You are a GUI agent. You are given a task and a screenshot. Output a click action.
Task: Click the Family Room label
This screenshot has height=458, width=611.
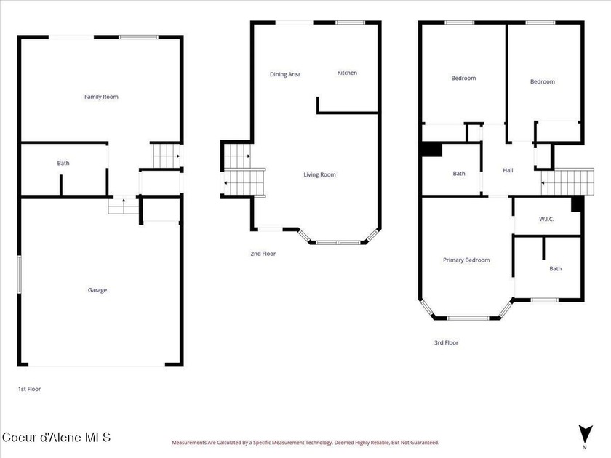coord(101,97)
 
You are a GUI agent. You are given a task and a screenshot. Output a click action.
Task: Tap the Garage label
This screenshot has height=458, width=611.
coord(97,290)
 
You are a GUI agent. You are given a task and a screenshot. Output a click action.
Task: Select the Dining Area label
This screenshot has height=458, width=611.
coord(285,74)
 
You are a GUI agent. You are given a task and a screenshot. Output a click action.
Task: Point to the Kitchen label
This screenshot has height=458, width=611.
coord(347,73)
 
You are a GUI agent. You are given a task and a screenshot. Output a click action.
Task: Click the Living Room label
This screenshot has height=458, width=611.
coord(319,174)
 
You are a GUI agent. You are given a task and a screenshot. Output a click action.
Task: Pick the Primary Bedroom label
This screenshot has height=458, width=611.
coord(466,260)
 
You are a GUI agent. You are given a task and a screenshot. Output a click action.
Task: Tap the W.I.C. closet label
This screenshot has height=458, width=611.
coord(546,219)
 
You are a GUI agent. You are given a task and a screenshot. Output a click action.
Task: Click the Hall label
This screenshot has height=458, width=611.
coord(508,170)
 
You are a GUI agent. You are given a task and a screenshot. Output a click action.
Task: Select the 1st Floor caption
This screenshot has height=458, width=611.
coord(29,389)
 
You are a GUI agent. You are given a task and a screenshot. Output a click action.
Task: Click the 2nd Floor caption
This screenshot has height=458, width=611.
coord(263,254)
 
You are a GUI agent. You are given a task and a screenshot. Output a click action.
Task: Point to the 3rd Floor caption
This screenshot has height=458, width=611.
coord(446,342)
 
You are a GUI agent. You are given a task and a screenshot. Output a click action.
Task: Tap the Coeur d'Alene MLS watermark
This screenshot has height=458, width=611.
coord(57,437)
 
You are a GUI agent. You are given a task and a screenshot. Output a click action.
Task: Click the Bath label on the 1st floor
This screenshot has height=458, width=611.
coord(63,163)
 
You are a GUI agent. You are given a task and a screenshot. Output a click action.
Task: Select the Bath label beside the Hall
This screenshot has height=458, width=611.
coord(459,173)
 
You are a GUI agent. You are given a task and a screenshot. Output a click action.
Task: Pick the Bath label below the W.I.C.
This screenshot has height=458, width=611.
coord(556,268)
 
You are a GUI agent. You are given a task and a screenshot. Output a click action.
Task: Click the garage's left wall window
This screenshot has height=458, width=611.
coord(19,275)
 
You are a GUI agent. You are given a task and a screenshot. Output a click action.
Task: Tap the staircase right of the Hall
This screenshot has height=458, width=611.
coord(568,182)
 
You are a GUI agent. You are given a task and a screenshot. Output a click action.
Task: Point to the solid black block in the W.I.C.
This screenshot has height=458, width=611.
coord(578,204)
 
